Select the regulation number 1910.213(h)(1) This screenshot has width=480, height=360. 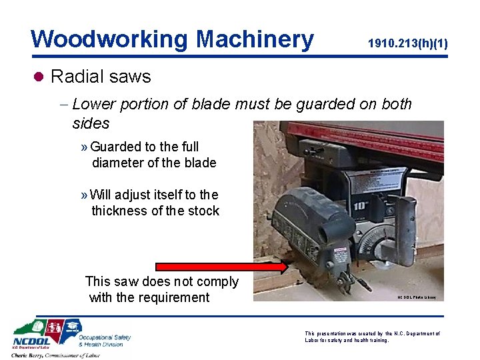coord(407,44)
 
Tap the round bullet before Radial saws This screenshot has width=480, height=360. coord(39,77)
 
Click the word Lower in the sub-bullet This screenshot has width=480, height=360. coord(95,105)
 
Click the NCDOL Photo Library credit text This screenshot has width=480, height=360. coord(417,297)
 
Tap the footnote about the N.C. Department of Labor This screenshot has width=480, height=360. coord(371,337)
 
